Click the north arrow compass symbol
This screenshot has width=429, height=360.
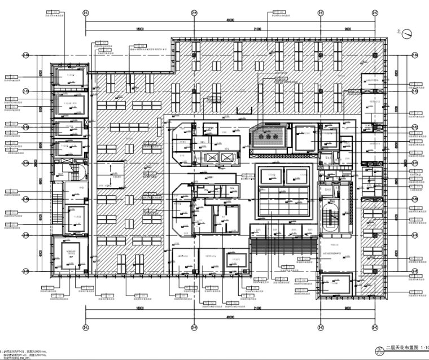pyautogui.click(x=406, y=34)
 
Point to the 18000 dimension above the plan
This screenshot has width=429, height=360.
pyautogui.click(x=139, y=28)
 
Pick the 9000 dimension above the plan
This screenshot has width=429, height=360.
pyautogui.click(x=347, y=28)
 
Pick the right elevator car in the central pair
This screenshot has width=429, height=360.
pyautogui.click(x=227, y=157)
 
